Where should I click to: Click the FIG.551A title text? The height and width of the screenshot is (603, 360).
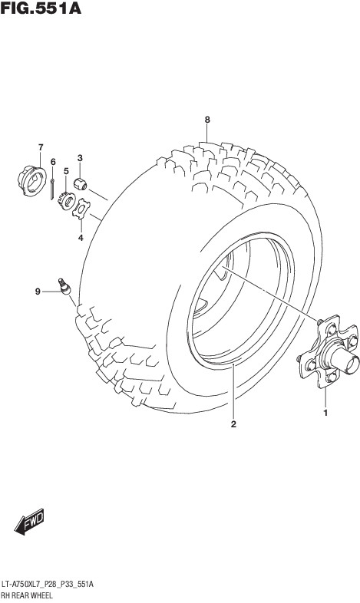(x=41, y=8)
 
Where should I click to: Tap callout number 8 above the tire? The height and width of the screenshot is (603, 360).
(x=207, y=120)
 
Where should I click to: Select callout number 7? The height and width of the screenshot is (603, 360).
(x=41, y=147)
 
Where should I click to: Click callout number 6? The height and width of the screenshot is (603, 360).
(x=53, y=162)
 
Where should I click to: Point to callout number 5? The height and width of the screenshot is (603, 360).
(x=66, y=171)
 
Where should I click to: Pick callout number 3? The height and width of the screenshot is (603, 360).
(x=80, y=158)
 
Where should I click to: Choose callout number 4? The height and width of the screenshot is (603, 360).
(x=81, y=238)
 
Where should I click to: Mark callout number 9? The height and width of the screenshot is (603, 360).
(x=38, y=292)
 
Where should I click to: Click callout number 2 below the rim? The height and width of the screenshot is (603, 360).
(x=233, y=424)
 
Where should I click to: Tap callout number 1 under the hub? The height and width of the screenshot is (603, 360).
(x=325, y=414)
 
